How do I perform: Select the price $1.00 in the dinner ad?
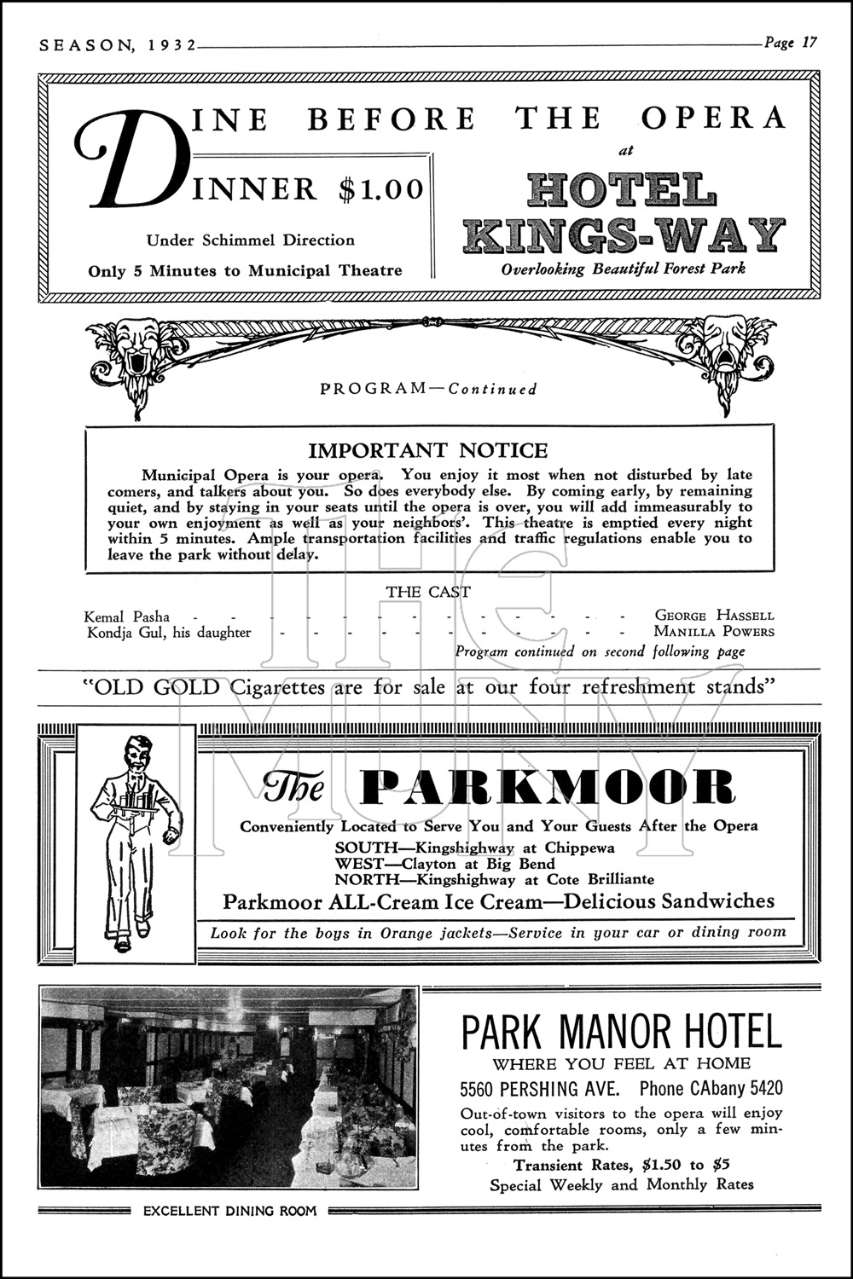coord(381,189)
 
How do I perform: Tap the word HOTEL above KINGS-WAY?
coord(620,190)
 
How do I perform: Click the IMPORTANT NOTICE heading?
coord(428,450)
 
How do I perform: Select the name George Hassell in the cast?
coord(714,615)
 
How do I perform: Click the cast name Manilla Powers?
coord(714,632)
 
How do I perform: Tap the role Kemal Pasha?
coord(127,616)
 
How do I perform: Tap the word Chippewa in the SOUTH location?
coord(580,848)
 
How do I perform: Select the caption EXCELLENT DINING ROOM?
coord(229,1210)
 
